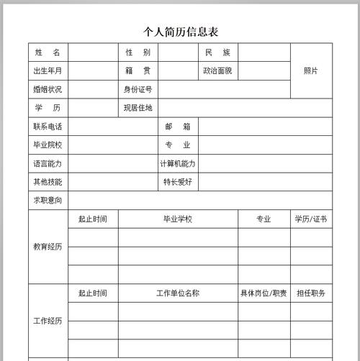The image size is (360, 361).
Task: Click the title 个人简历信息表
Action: click(181, 32)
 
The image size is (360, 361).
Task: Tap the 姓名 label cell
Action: click(48, 52)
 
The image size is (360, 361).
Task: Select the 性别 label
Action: click(138, 52)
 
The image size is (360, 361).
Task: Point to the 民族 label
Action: click(217, 52)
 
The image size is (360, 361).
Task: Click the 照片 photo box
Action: click(311, 70)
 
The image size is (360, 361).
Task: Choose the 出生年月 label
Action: click(48, 70)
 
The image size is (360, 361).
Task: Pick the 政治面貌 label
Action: click(217, 70)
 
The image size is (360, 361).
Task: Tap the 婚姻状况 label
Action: click(48, 89)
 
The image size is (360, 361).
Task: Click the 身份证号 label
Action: click(138, 89)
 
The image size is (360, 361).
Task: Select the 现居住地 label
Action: click(138, 108)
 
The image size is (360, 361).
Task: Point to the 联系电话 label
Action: click(48, 127)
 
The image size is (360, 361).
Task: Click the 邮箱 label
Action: click(178, 127)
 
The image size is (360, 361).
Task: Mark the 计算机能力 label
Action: click(178, 163)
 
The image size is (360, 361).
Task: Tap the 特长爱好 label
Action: click(178, 182)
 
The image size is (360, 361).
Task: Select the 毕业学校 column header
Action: click(178, 219)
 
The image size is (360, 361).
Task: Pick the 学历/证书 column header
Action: click(311, 219)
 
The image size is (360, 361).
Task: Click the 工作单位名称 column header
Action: click(178, 293)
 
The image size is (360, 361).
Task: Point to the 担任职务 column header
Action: click(311, 293)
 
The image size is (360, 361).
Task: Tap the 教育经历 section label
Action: click(48, 247)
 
